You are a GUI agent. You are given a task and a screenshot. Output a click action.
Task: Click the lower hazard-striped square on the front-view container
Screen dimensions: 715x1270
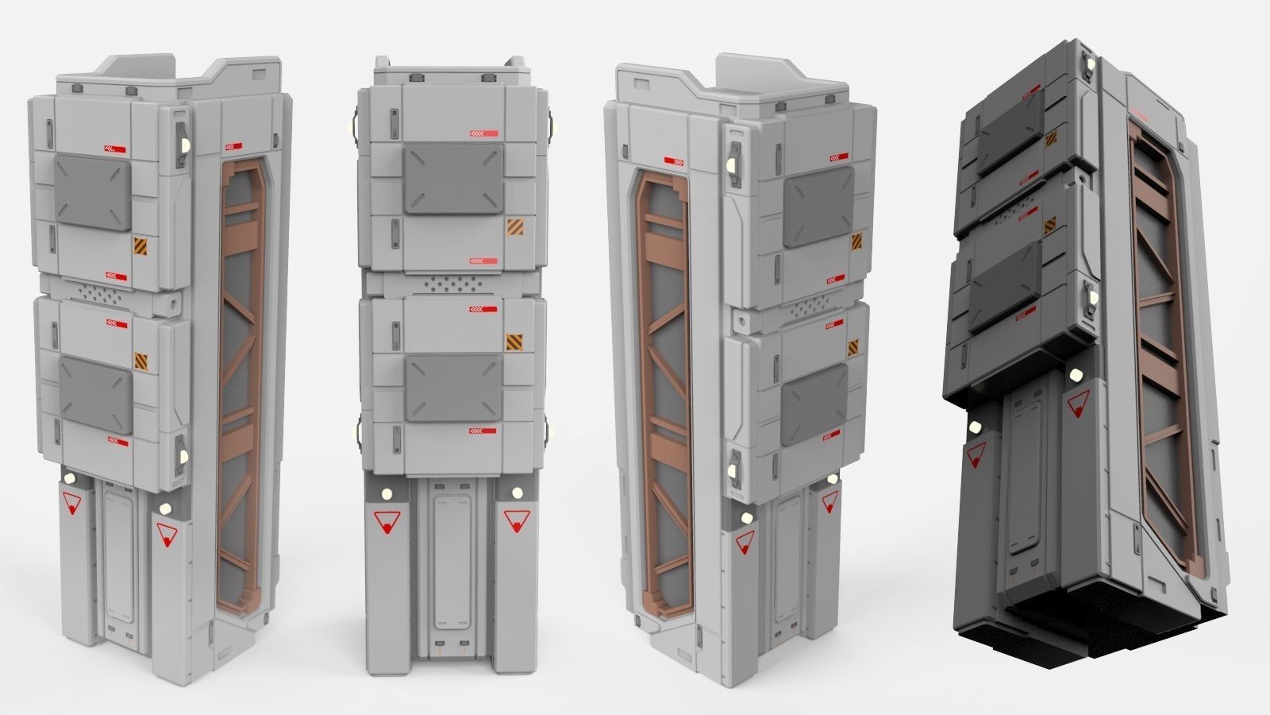tap(514, 342)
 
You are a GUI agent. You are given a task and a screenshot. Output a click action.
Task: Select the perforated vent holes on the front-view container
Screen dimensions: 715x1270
tap(452, 284)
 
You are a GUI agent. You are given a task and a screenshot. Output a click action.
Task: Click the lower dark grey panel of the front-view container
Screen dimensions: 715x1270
tap(453, 388)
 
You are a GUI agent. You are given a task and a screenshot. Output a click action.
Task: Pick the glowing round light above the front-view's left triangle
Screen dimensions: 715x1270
tap(387, 493)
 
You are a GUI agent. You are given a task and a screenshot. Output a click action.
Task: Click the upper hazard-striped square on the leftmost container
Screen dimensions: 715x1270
tap(141, 245)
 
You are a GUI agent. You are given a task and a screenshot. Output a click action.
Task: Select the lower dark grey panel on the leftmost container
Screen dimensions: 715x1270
tap(96, 393)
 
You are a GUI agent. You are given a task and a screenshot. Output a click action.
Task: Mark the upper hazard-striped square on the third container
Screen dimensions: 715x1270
tap(857, 242)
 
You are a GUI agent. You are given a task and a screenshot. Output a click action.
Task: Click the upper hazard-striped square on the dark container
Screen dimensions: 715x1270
tap(1051, 141)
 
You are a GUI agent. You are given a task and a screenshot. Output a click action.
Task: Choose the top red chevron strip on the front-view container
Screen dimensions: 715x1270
tap(484, 133)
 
